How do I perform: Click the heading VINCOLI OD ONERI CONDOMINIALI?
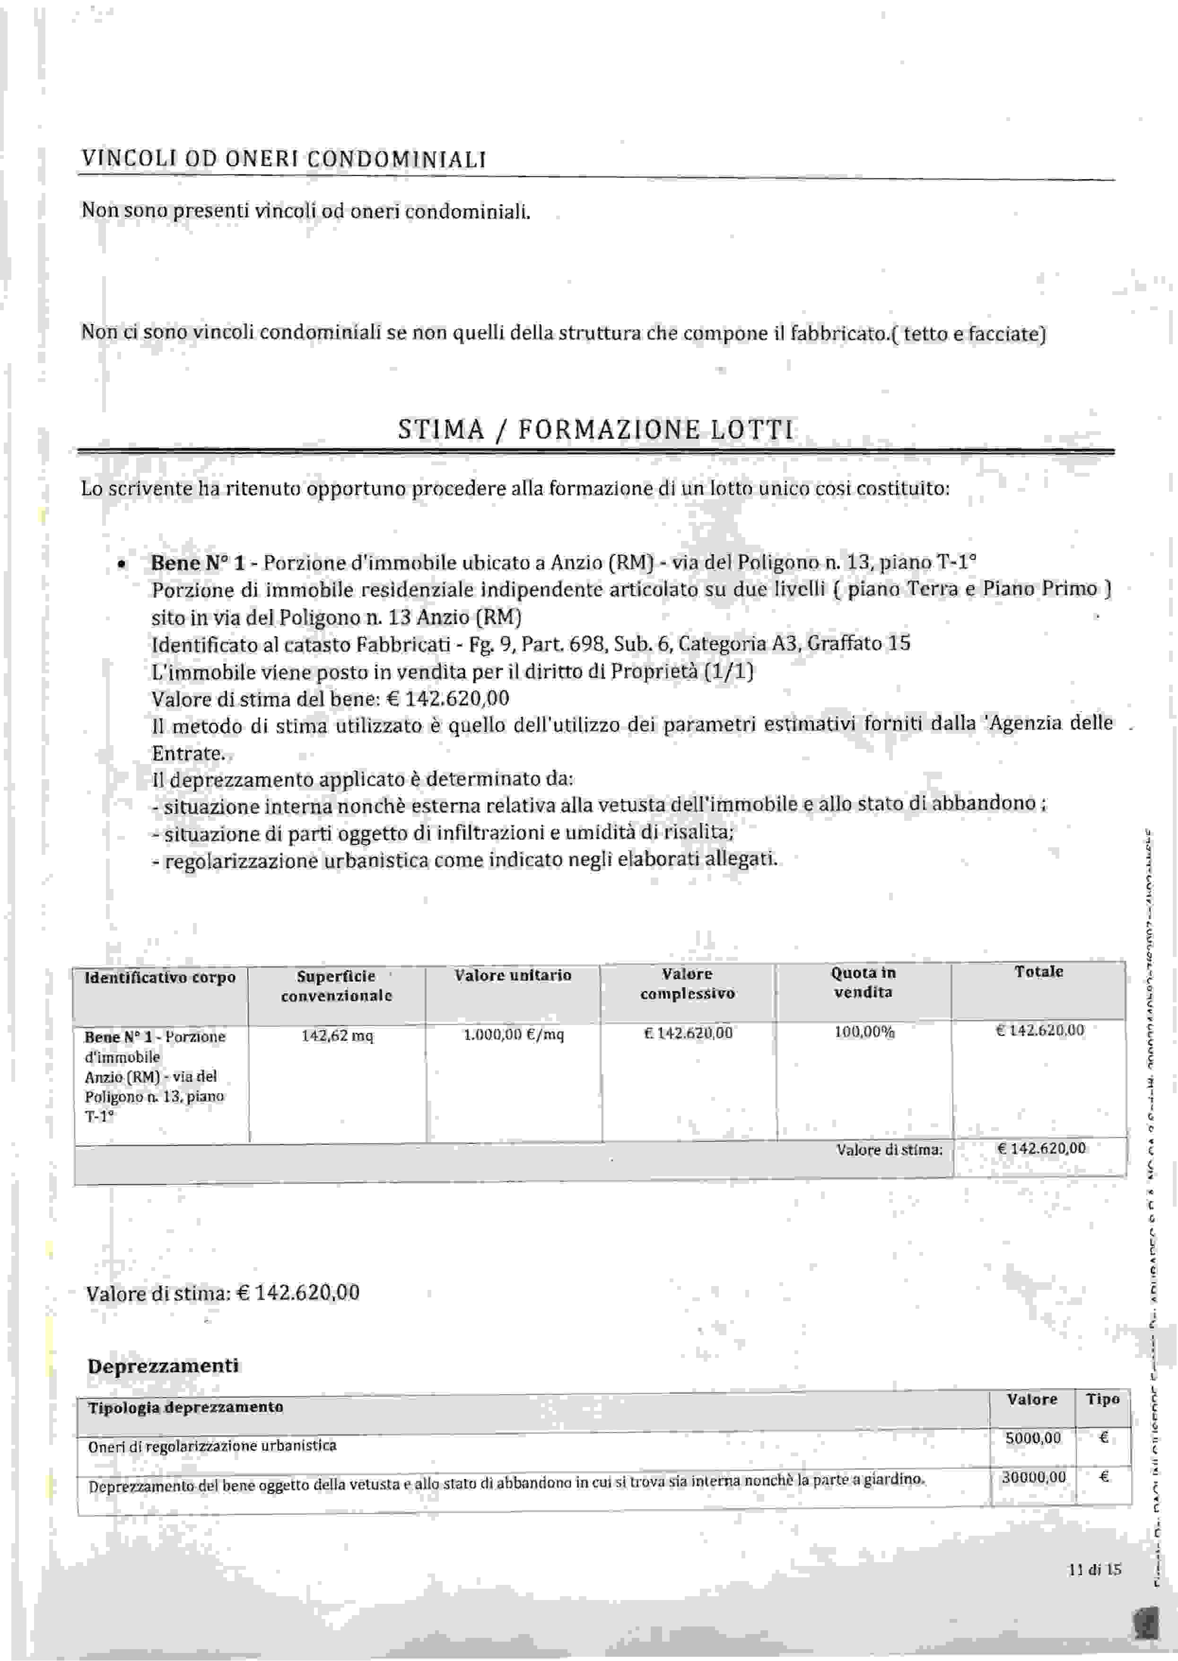[284, 159]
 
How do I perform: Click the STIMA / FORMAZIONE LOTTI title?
[595, 430]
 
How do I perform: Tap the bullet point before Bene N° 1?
[122, 564]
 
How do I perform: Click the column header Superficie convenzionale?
[337, 986]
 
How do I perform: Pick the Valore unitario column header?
[513, 975]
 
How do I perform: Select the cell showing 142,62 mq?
[337, 1036]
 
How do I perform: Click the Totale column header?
[1038, 972]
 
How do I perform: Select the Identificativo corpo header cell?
[160, 978]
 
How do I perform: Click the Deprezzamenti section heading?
[163, 1366]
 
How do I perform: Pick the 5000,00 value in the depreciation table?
[1033, 1438]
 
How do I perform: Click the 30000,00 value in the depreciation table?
[1034, 1478]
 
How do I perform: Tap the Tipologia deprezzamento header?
[186, 1407]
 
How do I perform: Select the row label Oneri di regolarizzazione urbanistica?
[212, 1446]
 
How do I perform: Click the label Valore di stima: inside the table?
[890, 1149]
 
